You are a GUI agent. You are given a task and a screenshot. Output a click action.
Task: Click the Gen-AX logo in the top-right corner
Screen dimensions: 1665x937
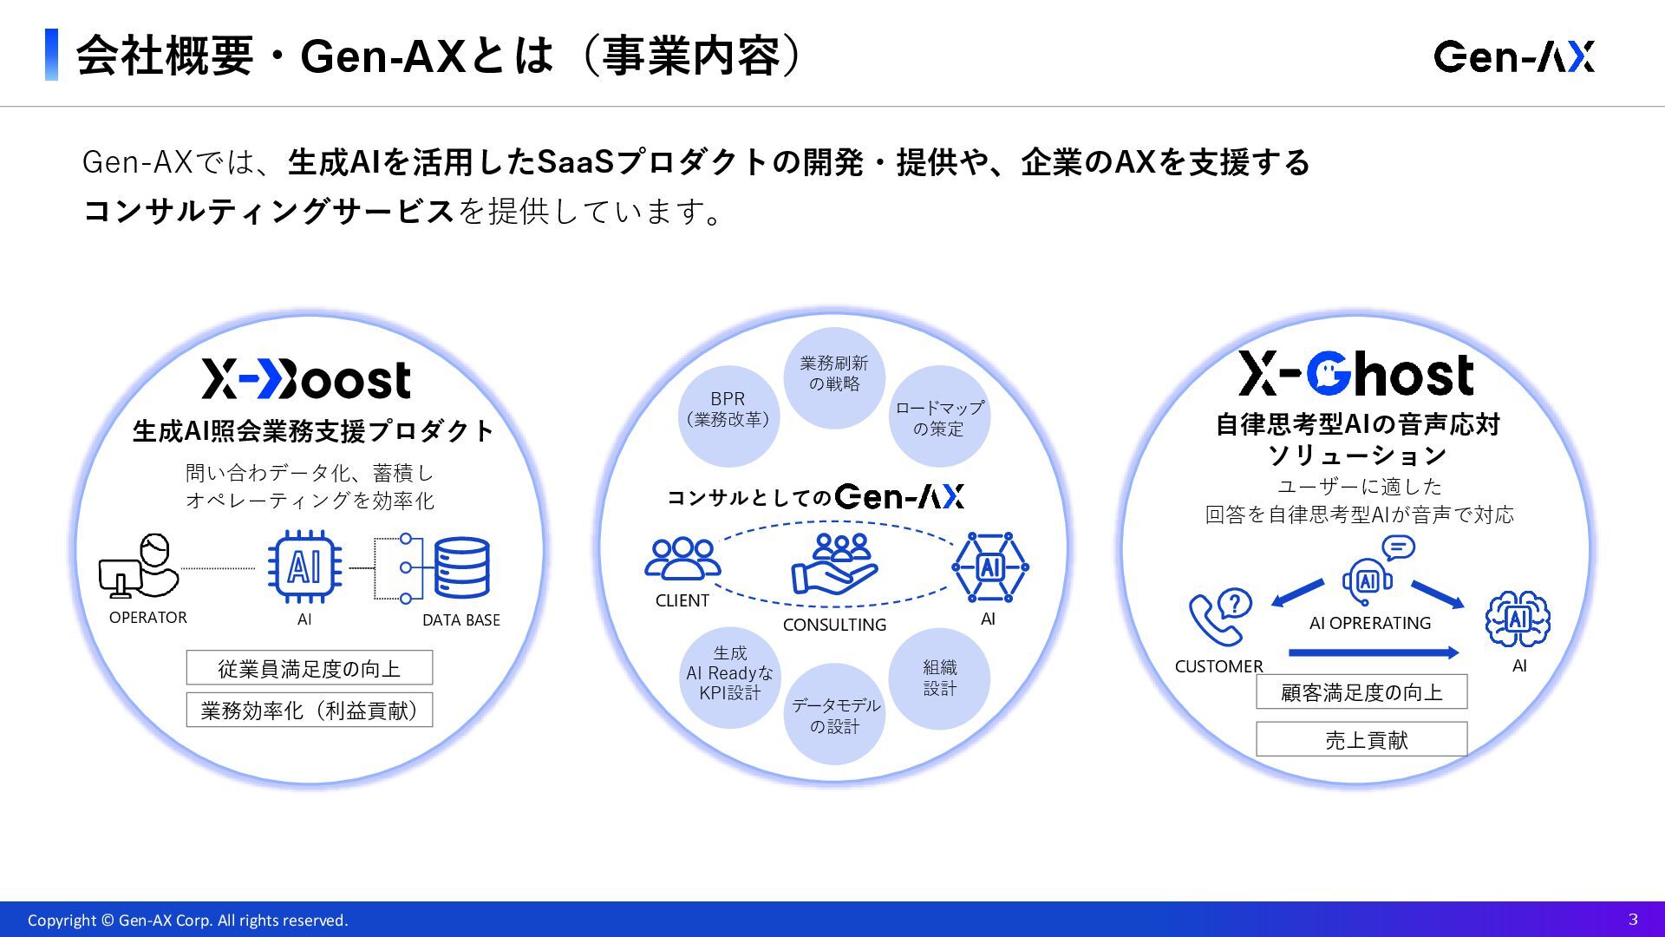coord(1513,56)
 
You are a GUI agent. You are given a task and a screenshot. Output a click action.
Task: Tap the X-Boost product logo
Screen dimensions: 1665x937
coord(306,379)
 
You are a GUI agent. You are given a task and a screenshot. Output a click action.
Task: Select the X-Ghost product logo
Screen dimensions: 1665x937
coord(1355,374)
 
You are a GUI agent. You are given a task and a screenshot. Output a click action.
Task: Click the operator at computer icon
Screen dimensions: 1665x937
coord(140,567)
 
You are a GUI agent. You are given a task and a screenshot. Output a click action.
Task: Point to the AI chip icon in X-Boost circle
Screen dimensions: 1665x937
coord(304,567)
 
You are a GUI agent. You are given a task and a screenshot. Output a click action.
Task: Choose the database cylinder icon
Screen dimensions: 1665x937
coord(461,567)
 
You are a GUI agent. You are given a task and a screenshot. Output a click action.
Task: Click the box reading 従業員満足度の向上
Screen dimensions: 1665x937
coord(309,668)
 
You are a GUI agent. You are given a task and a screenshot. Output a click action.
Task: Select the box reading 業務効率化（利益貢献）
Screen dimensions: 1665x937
coord(309,711)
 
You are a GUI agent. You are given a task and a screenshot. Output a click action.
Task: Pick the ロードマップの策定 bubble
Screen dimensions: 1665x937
coord(939,416)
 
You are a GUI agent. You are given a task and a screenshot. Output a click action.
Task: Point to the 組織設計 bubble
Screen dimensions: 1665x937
coord(939,678)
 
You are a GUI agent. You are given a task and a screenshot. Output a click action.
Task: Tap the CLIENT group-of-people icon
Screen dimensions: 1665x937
coord(682,559)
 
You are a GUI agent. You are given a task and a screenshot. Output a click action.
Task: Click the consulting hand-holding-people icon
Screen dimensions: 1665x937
coord(834,565)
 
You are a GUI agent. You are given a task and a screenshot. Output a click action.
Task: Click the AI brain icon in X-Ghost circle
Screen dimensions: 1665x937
coord(1518,619)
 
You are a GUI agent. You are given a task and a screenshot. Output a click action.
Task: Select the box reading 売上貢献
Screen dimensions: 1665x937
coord(1361,739)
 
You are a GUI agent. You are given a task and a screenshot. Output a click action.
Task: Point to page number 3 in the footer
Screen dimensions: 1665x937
coord(1633,919)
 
